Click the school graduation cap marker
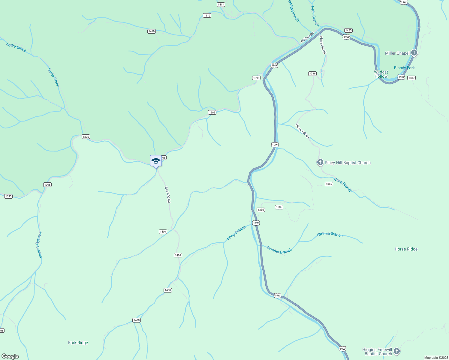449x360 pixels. coord(156,161)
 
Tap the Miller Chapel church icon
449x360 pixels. coord(414,53)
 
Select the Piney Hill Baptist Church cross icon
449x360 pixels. coord(320,163)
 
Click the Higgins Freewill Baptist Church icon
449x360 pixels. coord(397,351)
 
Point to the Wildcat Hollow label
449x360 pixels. coord(381,74)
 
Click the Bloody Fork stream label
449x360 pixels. coord(404,68)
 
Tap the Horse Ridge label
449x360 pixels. coord(406,249)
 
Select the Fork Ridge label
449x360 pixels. coord(78,343)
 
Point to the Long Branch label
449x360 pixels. coord(236,233)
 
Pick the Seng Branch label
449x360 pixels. coord(343,185)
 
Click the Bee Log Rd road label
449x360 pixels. coord(167,195)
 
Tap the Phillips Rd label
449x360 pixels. coord(307,37)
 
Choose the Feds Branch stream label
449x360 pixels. coord(315,16)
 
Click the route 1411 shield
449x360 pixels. coord(221,4)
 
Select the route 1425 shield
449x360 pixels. coord(348,30)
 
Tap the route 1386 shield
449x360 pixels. coord(312,73)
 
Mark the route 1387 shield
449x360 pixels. coord(411,78)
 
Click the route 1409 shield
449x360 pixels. coord(163,232)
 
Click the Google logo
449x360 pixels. coord(10,356)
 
